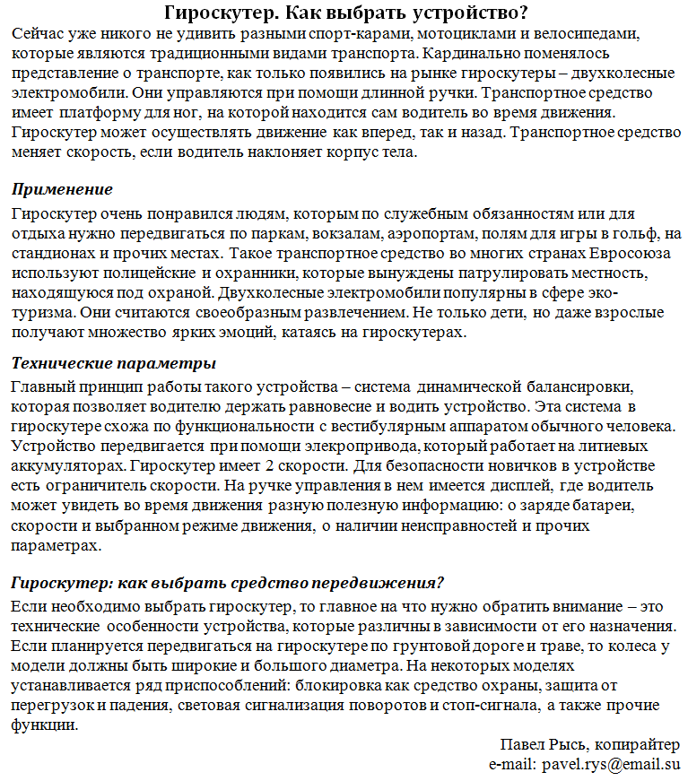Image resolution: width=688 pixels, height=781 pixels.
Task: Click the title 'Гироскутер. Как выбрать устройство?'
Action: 345,13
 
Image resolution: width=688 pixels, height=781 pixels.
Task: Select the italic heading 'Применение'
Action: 62,189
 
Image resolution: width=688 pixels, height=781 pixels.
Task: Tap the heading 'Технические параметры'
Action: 114,363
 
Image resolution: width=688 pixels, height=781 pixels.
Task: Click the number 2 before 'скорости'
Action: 270,465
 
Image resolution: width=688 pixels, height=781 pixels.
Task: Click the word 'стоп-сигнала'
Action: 491,706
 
